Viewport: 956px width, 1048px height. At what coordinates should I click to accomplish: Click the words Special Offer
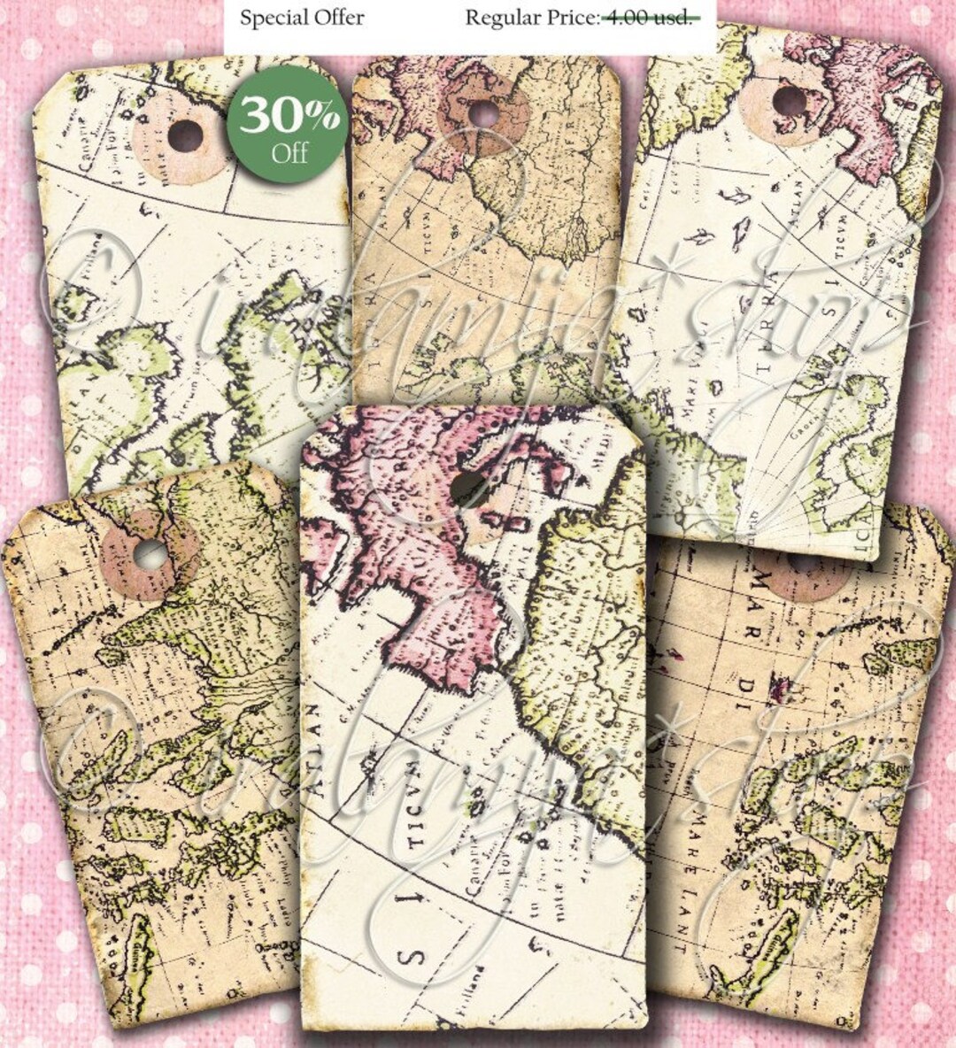coord(302,18)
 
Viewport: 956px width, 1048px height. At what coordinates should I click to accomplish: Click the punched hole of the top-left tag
coord(185,135)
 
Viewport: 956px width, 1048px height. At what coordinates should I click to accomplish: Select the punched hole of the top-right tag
coord(786,99)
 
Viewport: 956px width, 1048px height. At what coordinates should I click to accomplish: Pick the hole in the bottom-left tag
coord(150,555)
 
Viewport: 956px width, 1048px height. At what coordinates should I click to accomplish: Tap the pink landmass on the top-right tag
coord(876,106)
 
